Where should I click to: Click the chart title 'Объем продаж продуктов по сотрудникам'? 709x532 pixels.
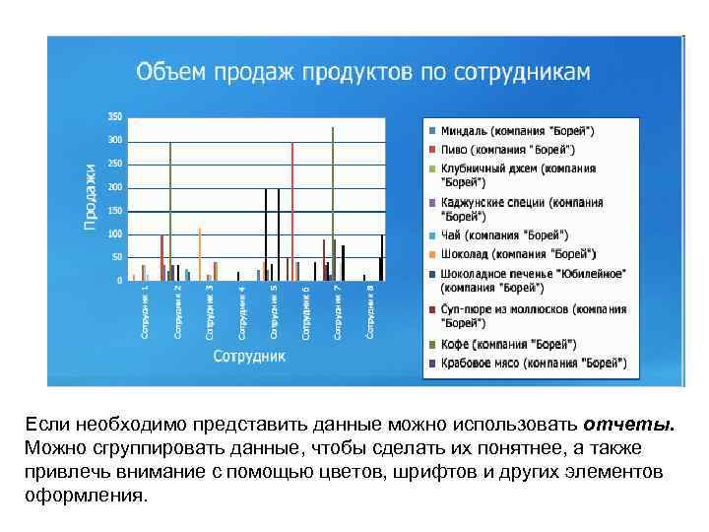tap(362, 71)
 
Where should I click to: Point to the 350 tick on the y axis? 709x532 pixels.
tap(115, 117)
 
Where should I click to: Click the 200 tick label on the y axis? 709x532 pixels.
tap(115, 187)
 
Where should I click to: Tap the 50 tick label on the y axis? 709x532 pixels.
tap(117, 257)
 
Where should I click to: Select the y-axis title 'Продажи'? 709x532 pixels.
tap(90, 197)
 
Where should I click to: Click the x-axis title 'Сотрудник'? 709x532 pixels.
tap(250, 355)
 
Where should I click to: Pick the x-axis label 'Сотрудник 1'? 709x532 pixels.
tap(144, 311)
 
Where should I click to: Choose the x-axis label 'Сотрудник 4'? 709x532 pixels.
tap(241, 311)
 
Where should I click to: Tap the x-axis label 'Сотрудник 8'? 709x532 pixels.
tap(370, 311)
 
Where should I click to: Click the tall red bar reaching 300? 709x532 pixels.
tap(292, 212)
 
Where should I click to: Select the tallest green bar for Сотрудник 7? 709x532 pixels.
tap(333, 202)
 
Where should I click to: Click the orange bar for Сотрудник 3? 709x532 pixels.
tap(200, 254)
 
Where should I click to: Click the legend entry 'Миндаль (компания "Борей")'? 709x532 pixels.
tap(517, 130)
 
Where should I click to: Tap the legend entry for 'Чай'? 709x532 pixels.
tap(504, 234)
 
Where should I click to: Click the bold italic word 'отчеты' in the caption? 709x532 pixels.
tap(628, 425)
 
